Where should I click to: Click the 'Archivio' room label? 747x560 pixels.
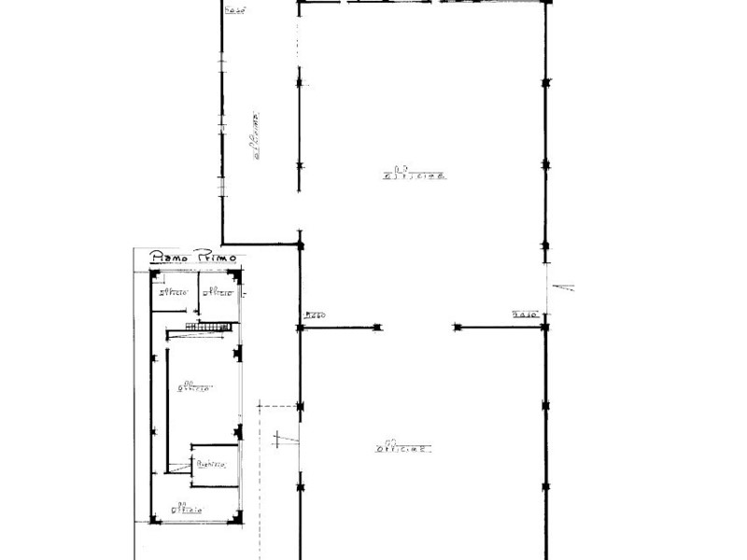[x=210, y=463]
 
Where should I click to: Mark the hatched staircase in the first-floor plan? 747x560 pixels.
[x=206, y=326]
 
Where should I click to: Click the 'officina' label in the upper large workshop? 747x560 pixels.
[x=414, y=173]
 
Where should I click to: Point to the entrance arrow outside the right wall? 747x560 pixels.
[x=563, y=287]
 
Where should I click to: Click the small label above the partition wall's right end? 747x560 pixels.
[x=526, y=315]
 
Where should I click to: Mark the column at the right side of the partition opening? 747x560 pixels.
[x=458, y=328]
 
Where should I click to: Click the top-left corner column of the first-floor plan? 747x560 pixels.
[x=155, y=274]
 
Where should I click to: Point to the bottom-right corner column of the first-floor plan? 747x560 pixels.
[x=237, y=517]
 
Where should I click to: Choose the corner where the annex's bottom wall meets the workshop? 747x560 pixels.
[x=300, y=245]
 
